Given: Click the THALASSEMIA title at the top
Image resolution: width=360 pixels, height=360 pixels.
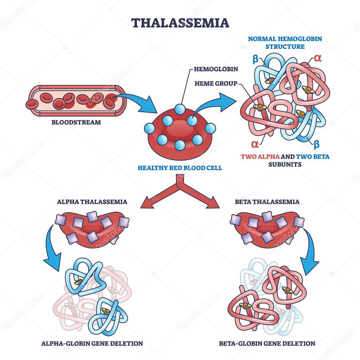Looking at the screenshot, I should coord(180,23).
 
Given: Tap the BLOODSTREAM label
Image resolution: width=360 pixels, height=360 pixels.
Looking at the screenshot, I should coord(76,123).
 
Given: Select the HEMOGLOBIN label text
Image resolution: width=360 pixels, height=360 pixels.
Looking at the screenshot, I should coord(216,69).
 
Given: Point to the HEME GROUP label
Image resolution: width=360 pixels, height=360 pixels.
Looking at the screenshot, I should coord(216,83).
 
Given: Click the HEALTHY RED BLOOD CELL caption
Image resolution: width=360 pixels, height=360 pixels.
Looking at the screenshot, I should coord(180,168).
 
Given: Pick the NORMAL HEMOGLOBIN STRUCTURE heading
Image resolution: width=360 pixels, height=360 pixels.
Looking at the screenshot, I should coord(285,42).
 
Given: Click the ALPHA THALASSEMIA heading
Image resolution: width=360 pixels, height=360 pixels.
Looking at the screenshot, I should coord(92,202).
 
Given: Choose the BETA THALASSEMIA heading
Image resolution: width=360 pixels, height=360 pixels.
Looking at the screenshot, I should coord(267,202).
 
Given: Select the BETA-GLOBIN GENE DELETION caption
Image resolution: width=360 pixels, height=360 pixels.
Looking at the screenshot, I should coord(267,343).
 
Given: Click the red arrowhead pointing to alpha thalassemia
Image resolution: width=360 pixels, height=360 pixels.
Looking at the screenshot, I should coord(144,203).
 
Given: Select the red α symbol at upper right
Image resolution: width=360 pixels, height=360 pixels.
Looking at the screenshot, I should coord(317,58).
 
